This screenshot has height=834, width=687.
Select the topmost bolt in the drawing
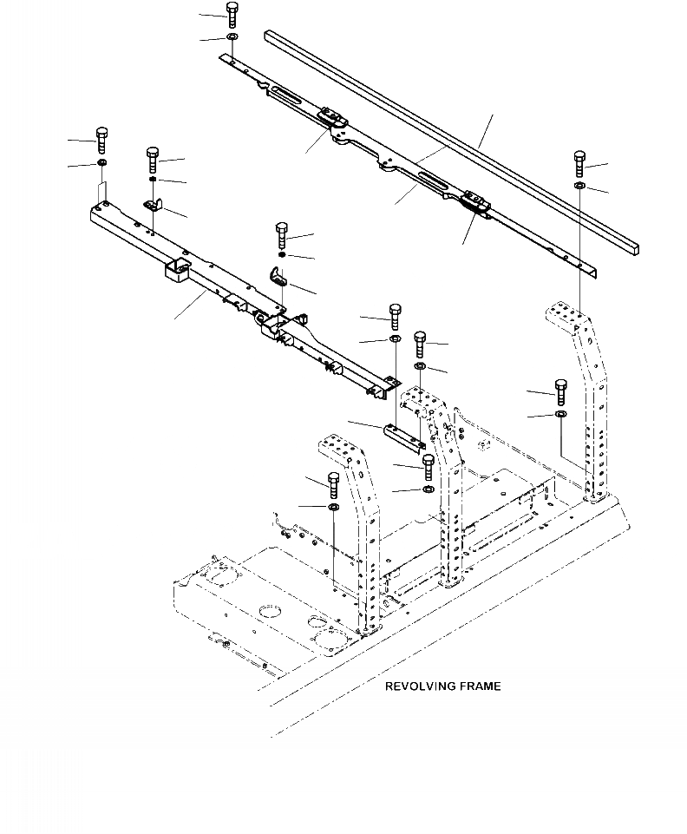tap(232, 15)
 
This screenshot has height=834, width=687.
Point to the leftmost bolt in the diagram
tap(101, 139)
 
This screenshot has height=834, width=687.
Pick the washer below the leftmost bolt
tap(101, 163)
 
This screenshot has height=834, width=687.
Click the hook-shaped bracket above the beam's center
tap(279, 276)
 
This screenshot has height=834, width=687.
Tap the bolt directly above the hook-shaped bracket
tap(282, 234)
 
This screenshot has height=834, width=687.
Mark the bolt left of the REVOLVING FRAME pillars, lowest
tap(334, 482)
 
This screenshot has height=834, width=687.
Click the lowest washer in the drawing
tap(334, 506)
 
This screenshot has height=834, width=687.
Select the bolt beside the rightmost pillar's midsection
tap(559, 391)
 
